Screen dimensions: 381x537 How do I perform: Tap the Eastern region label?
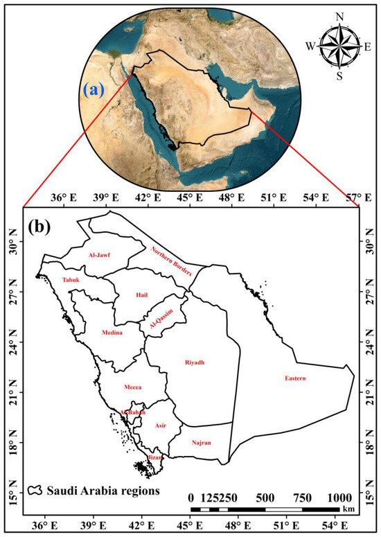click(x=294, y=378)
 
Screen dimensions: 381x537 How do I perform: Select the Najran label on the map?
click(x=201, y=442)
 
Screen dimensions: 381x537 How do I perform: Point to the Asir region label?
click(x=161, y=425)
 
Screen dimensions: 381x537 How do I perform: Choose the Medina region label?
click(x=112, y=333)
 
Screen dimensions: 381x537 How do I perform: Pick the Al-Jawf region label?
click(x=100, y=256)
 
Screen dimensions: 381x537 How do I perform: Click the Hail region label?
click(x=142, y=295)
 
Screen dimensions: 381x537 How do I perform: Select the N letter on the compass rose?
click(x=339, y=17)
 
